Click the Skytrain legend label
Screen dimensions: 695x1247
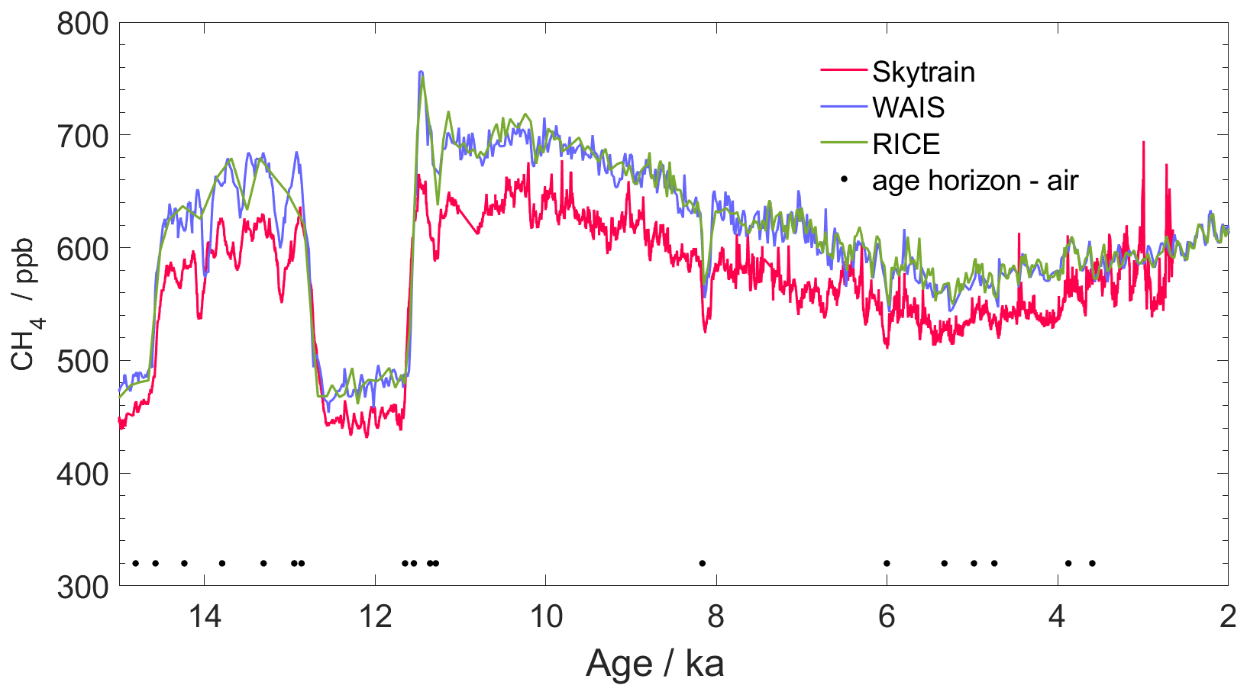923,72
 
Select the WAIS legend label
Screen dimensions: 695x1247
908,108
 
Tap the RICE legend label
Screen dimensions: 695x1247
906,143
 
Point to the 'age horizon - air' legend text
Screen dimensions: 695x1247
974,180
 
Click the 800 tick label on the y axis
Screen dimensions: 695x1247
82,24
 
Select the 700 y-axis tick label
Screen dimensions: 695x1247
82,136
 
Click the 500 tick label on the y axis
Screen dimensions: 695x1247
82,361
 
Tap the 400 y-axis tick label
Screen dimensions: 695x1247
82,474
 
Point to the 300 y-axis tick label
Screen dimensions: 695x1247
82,586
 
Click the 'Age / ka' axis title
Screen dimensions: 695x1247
654,664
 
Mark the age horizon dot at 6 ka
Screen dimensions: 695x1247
887,563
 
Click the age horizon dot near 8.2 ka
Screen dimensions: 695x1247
702,563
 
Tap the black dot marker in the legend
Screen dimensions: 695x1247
844,180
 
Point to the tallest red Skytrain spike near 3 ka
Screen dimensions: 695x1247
1142,143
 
